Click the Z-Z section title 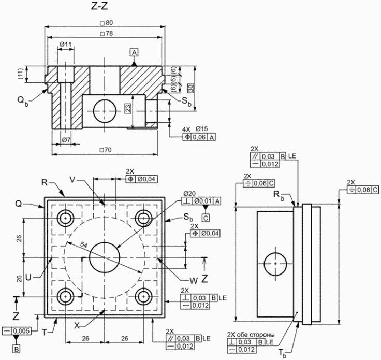point(99,7)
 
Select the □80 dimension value point(107,23)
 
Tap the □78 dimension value point(107,33)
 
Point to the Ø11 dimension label point(66,44)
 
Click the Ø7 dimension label point(66,140)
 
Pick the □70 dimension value point(106,150)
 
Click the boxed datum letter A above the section point(135,52)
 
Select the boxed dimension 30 point(190,88)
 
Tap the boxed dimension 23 point(128,108)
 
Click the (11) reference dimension point(20,74)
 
